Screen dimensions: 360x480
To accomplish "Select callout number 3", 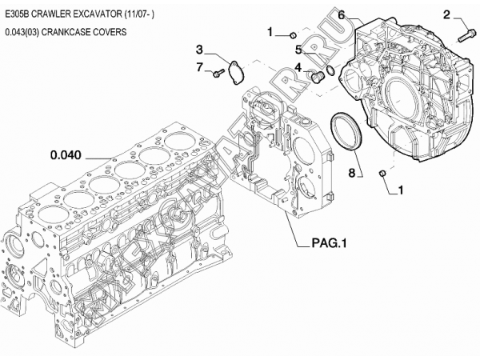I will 201,49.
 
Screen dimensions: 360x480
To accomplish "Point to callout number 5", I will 297,49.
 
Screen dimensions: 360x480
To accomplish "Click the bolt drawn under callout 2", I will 468,35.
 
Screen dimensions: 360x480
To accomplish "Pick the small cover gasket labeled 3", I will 235,71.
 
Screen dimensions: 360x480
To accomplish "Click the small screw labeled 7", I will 217,74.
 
